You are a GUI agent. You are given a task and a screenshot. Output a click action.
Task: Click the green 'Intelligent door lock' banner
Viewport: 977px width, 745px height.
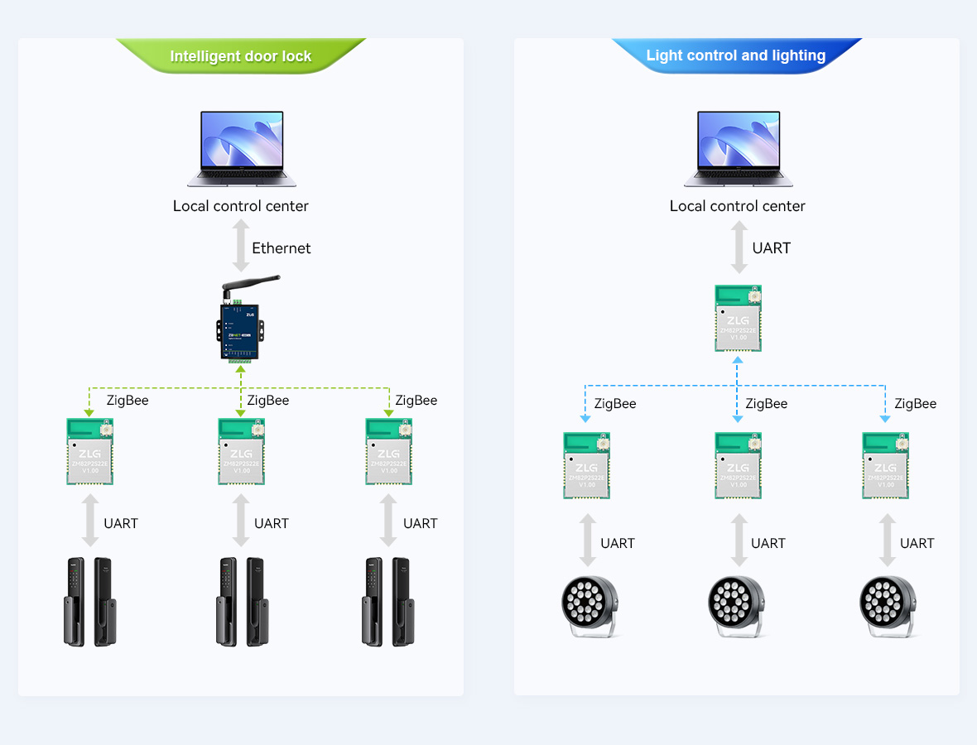240,56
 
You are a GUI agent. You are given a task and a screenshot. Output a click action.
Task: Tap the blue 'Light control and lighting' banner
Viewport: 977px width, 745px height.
735,55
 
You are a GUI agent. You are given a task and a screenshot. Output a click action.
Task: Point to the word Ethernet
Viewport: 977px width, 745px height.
282,248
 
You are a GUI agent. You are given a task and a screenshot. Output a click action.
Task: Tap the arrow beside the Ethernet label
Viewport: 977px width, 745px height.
241,247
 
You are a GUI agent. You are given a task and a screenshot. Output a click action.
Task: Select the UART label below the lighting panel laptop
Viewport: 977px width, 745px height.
771,248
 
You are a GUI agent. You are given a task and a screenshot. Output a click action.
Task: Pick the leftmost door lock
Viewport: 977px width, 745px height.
90,601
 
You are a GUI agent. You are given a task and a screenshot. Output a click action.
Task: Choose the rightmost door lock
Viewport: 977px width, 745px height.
387,601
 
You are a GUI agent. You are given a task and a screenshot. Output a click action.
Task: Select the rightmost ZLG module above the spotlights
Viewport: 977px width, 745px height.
885,465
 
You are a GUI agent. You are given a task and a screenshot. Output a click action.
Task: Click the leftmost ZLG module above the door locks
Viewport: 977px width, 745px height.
89,451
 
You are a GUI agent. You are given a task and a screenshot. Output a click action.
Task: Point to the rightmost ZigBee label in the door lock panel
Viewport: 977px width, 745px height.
416,401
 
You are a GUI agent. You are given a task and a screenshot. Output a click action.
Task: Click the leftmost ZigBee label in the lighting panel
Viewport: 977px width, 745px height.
615,404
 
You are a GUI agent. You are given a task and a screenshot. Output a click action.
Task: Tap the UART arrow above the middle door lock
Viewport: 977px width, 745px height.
241,521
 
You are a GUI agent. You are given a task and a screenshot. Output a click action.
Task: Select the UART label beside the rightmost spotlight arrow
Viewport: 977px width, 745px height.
917,543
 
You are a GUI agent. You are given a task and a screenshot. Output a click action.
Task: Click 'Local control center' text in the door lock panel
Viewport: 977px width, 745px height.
240,206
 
